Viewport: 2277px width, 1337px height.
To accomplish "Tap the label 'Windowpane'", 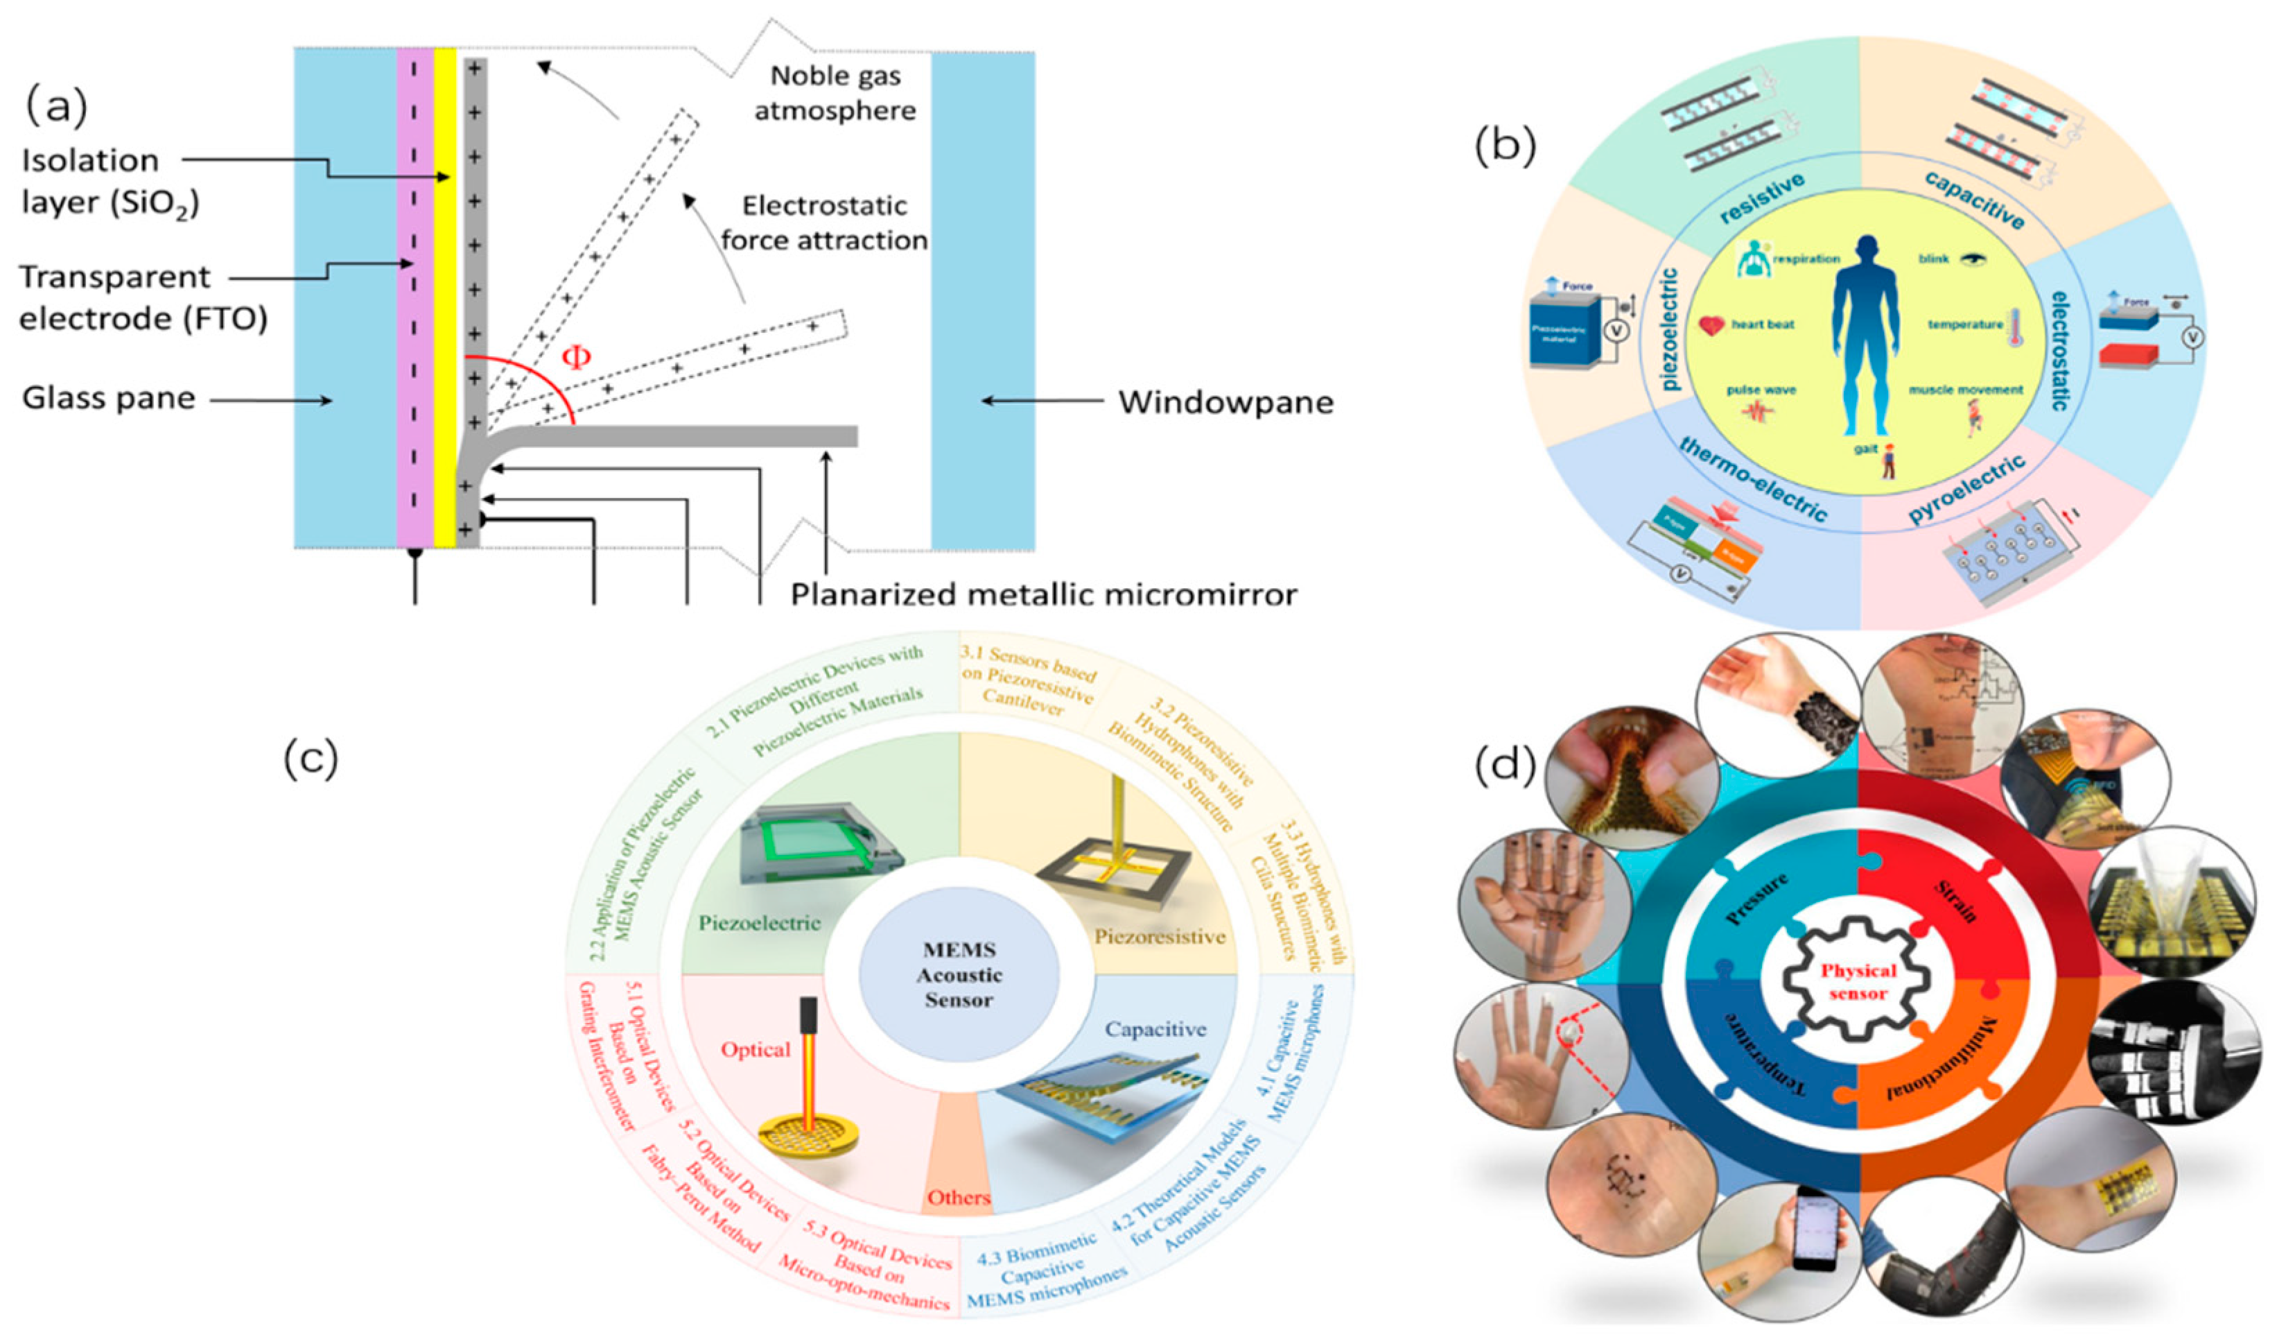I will tap(1225, 402).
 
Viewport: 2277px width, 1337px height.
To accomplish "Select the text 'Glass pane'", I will tap(108, 398).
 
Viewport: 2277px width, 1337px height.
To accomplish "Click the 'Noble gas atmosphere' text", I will tap(835, 93).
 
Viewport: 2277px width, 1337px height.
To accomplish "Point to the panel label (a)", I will tap(56, 107).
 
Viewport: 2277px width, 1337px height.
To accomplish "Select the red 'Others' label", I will tap(959, 1198).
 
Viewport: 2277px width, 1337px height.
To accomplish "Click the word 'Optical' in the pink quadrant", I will tap(756, 1049).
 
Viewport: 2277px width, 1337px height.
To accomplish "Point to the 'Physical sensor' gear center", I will tap(1858, 982).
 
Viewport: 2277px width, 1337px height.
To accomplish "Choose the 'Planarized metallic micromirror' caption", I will tap(1044, 594).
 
